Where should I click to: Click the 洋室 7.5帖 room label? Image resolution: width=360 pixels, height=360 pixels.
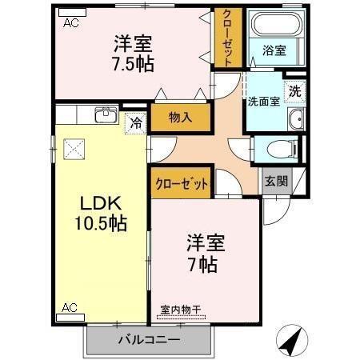(x=133, y=52)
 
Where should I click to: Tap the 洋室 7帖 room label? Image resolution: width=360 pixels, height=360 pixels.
(x=202, y=253)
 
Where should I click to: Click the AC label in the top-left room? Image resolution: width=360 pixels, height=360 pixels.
(x=70, y=22)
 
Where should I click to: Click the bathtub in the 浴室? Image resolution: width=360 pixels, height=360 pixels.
(x=274, y=24)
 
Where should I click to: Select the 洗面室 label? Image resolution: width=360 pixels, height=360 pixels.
(x=262, y=102)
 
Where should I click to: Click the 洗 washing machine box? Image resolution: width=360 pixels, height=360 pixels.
(x=295, y=91)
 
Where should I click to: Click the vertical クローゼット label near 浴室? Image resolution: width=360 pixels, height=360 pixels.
(x=227, y=38)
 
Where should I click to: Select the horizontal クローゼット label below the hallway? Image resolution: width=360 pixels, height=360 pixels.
(x=181, y=183)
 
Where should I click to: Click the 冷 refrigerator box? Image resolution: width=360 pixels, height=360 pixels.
(x=136, y=124)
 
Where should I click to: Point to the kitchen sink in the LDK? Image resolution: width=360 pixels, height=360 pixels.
(x=106, y=114)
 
